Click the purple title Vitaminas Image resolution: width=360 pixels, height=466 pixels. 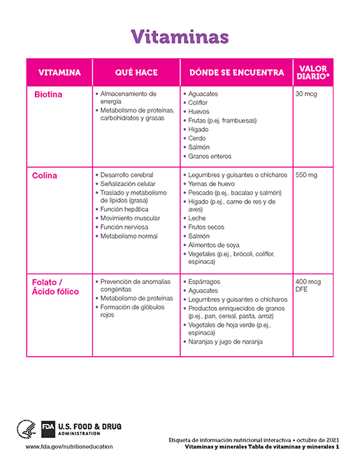[x=180, y=36]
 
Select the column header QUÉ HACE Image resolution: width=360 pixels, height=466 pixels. [x=136, y=73]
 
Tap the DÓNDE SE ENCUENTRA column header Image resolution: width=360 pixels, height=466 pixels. [x=236, y=73]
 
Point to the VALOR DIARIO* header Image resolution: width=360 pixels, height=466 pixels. [x=313, y=73]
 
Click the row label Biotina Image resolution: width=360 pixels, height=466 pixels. [x=48, y=94]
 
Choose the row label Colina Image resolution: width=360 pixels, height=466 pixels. [x=45, y=176]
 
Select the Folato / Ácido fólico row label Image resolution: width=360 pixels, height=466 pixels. [x=56, y=286]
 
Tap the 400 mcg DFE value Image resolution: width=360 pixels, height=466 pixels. [x=308, y=285]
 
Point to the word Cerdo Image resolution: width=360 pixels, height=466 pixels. [x=197, y=139]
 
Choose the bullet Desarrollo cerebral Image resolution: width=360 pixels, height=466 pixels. [x=127, y=175]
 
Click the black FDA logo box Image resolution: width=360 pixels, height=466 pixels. [x=48, y=427]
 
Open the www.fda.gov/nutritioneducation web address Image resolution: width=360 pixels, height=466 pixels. [x=69, y=446]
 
